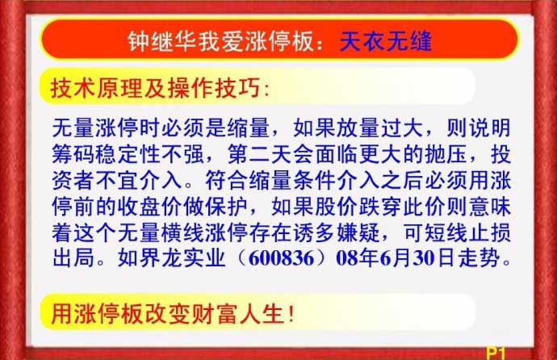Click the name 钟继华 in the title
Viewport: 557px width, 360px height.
coord(162,41)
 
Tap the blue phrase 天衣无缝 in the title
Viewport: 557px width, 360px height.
coord(386,41)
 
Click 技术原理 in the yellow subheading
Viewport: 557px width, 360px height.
coord(97,88)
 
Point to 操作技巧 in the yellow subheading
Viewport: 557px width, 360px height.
coord(214,88)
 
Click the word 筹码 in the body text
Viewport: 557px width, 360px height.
coord(74,154)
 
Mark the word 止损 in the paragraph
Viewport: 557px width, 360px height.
coord(489,232)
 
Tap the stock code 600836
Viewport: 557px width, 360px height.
coord(282,258)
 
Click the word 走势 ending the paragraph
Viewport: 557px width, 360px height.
coord(479,257)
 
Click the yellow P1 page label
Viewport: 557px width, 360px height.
coord(496,354)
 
